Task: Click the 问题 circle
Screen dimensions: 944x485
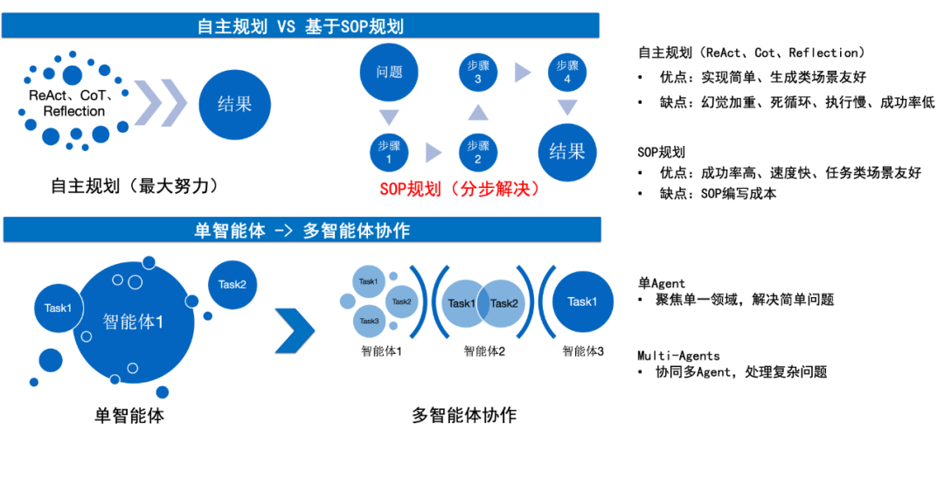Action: coord(389,72)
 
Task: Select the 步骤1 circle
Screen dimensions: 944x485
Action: coord(389,153)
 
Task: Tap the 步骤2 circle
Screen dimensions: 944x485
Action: coord(477,153)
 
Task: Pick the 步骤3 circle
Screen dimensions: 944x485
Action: coord(477,72)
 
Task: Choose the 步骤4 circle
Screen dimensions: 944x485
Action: coord(567,72)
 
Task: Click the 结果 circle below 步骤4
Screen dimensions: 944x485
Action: coord(567,152)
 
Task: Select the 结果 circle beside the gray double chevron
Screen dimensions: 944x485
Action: coord(234,104)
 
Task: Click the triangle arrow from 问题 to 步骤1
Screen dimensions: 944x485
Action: coord(389,116)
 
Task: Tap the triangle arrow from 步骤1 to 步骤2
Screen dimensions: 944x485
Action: coord(434,154)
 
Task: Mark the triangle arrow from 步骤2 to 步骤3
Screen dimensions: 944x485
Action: coord(477,112)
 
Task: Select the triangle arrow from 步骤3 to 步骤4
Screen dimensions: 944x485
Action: coord(523,73)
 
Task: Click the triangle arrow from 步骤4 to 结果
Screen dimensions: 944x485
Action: coord(567,107)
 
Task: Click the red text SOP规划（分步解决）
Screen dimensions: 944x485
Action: coord(460,189)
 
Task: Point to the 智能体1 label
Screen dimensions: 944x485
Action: coord(134,322)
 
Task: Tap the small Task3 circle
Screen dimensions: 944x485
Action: coord(370,321)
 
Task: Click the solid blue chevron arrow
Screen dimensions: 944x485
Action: coord(295,329)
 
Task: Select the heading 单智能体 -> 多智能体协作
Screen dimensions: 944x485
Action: coord(302,231)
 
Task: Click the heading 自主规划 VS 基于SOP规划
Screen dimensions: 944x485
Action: coord(300,26)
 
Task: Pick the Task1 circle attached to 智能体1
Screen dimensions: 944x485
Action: coord(58,308)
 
